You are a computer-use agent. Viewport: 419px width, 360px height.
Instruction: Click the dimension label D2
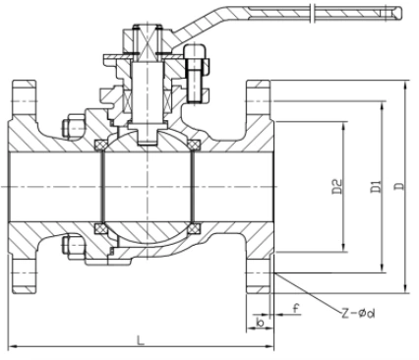pos(337,186)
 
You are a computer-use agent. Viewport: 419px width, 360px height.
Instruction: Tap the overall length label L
pos(141,340)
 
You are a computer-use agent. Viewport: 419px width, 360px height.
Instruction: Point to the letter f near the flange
pos(296,308)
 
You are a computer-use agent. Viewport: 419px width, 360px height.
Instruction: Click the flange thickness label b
pos(261,323)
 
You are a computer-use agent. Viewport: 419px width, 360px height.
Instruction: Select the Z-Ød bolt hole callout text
pos(358,314)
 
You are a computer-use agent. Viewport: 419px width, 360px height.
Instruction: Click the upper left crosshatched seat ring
pos(99,145)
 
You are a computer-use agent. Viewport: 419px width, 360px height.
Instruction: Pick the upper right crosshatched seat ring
pos(195,145)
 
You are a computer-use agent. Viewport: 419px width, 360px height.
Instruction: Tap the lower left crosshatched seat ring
pos(99,228)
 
